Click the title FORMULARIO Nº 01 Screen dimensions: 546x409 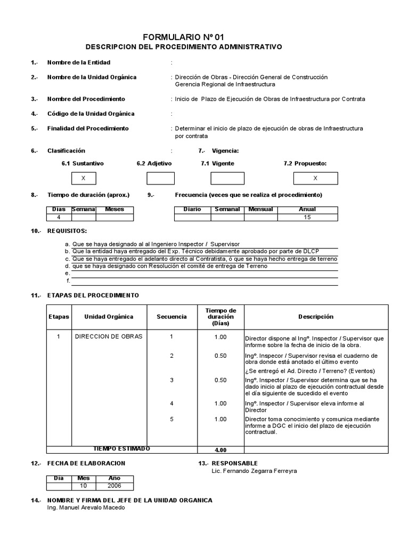(184, 37)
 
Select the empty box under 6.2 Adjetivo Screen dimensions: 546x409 (160, 178)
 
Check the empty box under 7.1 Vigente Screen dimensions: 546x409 (227, 178)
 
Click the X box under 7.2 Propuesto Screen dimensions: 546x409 (315, 178)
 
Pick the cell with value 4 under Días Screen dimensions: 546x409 (59, 217)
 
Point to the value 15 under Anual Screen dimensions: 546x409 (307, 217)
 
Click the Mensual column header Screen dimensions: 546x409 (260, 210)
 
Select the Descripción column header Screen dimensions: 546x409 (316, 317)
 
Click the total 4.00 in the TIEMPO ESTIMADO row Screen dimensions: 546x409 (220, 449)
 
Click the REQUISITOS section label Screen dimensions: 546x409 (67, 231)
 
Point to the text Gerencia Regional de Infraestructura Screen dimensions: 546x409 (225, 84)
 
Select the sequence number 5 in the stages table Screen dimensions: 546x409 (171, 419)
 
